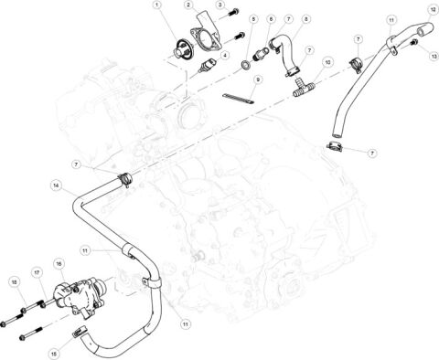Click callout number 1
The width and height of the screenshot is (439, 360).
point(157,5)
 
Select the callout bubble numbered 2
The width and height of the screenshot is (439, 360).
point(188,5)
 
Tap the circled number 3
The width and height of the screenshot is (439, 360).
point(219,5)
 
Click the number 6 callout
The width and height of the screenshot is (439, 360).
point(271,18)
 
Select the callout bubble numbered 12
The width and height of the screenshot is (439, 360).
point(433,9)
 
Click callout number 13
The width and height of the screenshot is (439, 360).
point(434,56)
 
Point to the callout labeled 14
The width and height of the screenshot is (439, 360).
point(56,185)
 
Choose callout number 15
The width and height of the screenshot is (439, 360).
point(52,351)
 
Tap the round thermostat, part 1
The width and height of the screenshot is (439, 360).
point(191,47)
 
